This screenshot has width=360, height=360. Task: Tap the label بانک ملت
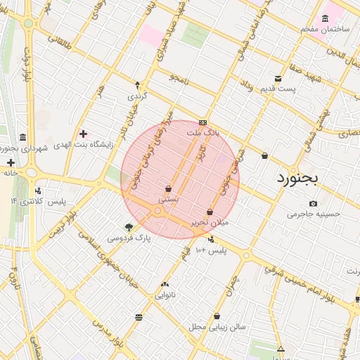coord(203,132)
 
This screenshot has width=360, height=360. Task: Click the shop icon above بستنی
coord(168,188)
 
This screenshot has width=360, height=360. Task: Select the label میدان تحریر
coord(210,222)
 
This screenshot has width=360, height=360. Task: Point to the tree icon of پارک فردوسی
coord(129,227)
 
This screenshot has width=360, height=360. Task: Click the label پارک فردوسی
coord(129,238)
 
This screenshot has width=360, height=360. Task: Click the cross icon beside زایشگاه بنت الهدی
coord(84,134)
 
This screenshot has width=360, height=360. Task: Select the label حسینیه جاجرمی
coord(314,214)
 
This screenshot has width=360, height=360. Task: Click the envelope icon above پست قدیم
coord(278,78)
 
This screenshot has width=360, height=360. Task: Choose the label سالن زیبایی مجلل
coord(217,327)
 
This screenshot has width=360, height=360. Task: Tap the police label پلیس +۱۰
coord(210,250)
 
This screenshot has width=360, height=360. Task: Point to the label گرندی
coord(136,96)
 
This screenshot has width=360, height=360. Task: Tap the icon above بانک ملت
coord(203,122)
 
